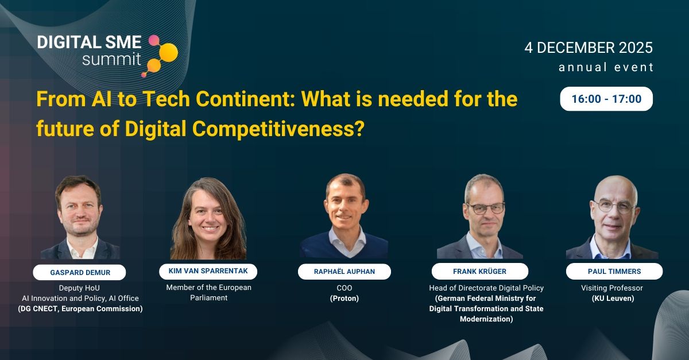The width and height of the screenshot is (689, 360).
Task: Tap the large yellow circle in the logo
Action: [168, 53]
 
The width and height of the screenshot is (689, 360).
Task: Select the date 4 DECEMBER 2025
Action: [589, 48]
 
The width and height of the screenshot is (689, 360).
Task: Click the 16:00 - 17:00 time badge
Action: [606, 99]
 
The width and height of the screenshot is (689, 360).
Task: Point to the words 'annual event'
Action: [606, 67]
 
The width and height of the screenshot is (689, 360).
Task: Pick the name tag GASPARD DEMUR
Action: [79, 272]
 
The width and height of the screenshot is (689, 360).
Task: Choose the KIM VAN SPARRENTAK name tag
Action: [208, 272]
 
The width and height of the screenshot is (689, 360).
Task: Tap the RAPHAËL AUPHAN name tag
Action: [344, 272]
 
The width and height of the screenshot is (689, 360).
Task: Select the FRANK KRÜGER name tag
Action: [480, 272]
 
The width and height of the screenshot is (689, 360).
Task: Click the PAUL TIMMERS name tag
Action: [614, 272]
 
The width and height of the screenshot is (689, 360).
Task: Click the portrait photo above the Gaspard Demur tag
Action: [80, 218]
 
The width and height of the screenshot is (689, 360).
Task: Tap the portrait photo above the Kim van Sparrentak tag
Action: [208, 219]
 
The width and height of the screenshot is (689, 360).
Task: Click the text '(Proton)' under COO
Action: [344, 299]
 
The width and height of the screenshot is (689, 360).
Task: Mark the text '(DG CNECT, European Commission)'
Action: [79, 309]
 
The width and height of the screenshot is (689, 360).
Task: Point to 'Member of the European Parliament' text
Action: [208, 292]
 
